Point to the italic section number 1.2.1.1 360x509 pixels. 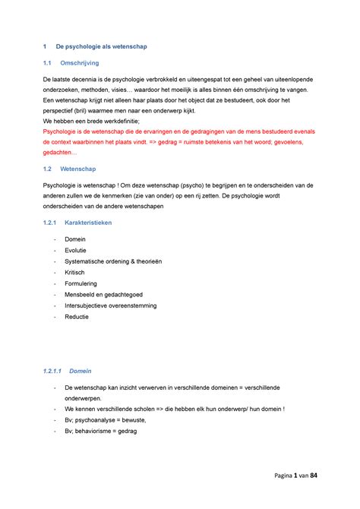click(x=52, y=371)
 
